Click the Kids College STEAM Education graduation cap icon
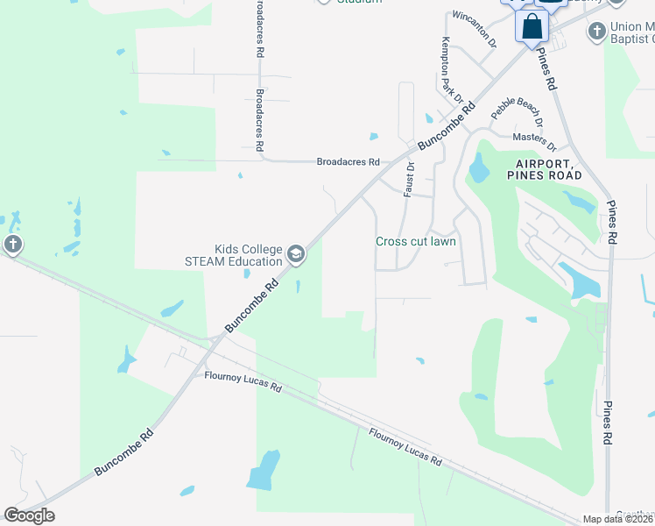click(296, 255)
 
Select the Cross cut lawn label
click(416, 241)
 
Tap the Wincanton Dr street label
click(473, 31)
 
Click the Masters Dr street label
click(534, 139)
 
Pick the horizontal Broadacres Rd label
click(348, 162)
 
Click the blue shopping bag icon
click(532, 26)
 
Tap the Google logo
click(29, 515)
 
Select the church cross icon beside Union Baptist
click(595, 32)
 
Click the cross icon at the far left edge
click(12, 245)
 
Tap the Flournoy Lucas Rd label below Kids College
click(243, 381)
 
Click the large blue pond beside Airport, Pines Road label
click(478, 167)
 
